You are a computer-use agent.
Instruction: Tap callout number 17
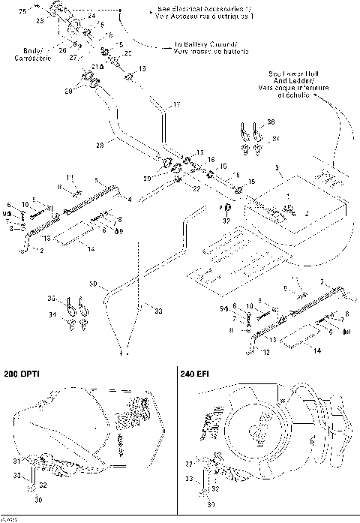click(x=177, y=103)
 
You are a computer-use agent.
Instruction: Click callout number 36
click(x=271, y=122)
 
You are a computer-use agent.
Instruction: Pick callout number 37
click(x=225, y=220)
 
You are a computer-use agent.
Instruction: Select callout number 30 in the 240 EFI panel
click(x=211, y=505)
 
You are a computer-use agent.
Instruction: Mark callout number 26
click(x=61, y=50)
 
